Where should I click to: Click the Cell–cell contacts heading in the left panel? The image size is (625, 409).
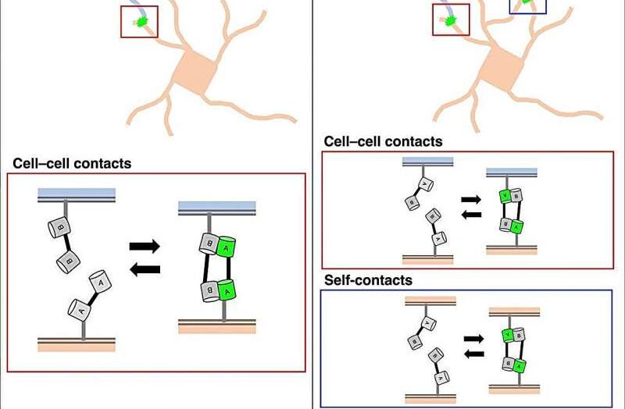(x=72, y=164)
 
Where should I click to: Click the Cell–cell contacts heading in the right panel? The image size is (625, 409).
(x=383, y=142)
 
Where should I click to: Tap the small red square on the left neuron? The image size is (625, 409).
(x=139, y=21)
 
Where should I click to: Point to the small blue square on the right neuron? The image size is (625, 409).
(x=528, y=6)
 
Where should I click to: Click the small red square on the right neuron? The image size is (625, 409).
(x=451, y=20)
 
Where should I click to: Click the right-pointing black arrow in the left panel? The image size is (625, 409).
(x=144, y=247)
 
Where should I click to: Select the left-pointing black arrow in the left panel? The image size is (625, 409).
(x=144, y=270)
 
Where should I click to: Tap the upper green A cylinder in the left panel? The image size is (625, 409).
(x=227, y=247)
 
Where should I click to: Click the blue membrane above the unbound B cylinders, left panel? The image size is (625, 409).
(x=77, y=194)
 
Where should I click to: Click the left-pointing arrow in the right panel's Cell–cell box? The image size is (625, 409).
(x=471, y=215)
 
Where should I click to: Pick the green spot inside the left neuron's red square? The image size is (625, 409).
(x=141, y=21)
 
